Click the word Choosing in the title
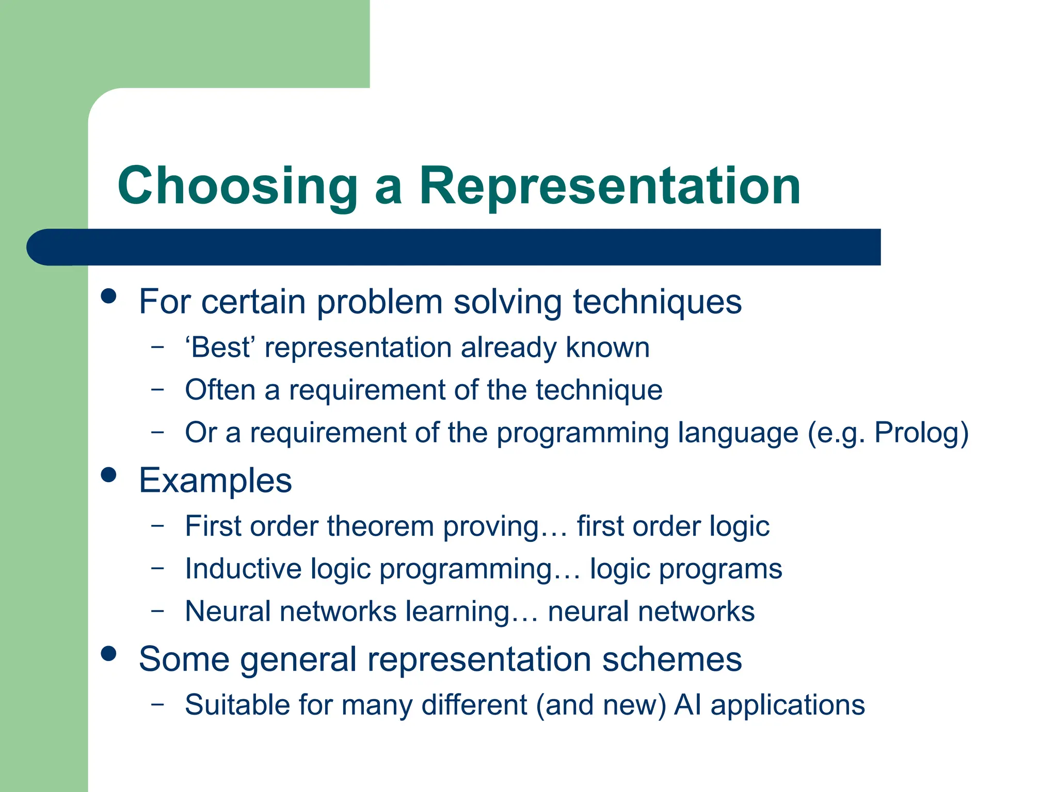(237, 187)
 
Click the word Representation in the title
(610, 187)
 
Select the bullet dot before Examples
(108, 475)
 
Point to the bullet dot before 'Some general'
(108, 654)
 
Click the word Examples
(215, 481)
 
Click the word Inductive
(243, 569)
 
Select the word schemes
(671, 659)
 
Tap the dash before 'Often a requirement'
(157, 389)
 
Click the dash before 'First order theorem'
(157, 525)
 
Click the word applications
(788, 706)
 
